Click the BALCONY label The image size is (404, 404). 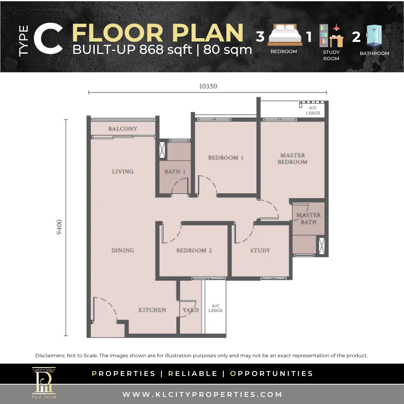click(x=123, y=129)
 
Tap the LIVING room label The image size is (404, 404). click(x=123, y=171)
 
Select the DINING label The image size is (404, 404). click(x=123, y=250)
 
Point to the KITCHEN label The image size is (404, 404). click(x=152, y=310)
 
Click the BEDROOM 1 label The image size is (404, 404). click(x=226, y=158)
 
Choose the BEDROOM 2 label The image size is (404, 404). click(x=194, y=250)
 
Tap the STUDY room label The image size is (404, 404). click(x=260, y=250)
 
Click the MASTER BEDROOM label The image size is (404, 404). click(x=293, y=159)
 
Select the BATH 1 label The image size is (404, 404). click(x=175, y=172)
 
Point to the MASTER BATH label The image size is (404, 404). click(x=308, y=218)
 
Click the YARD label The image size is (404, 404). click(x=191, y=310)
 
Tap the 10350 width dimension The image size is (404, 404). click(x=208, y=86)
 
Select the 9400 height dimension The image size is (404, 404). click(x=59, y=227)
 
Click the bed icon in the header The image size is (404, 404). click(x=285, y=35)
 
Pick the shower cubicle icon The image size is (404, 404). click(x=374, y=36)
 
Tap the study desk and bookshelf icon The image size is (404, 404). click(x=331, y=36)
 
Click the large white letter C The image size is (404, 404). click(x=48, y=39)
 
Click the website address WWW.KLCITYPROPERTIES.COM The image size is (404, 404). click(x=202, y=395)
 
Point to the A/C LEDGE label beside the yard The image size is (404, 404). click(x=215, y=308)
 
